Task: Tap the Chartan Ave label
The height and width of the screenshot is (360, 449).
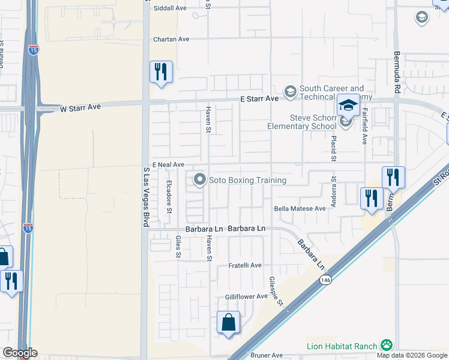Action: click(x=171, y=39)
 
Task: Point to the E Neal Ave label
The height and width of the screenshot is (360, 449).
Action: click(x=167, y=164)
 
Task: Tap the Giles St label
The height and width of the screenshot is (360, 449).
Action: click(x=178, y=247)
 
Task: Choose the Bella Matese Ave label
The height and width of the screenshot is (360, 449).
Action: click(x=300, y=208)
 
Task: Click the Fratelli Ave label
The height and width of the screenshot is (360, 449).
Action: click(x=245, y=265)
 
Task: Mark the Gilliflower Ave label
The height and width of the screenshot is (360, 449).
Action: click(x=246, y=296)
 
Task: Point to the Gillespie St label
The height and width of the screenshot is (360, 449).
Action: click(x=276, y=292)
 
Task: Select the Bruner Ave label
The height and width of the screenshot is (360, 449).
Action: click(x=262, y=355)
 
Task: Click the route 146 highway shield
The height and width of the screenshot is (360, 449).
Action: click(x=325, y=280)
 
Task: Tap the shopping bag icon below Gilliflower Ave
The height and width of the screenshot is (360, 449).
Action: click(x=228, y=323)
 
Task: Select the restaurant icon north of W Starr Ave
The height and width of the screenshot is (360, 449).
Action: click(x=161, y=72)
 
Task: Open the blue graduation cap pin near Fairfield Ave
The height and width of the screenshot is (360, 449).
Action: click(x=348, y=106)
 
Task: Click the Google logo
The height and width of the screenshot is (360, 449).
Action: click(x=19, y=353)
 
